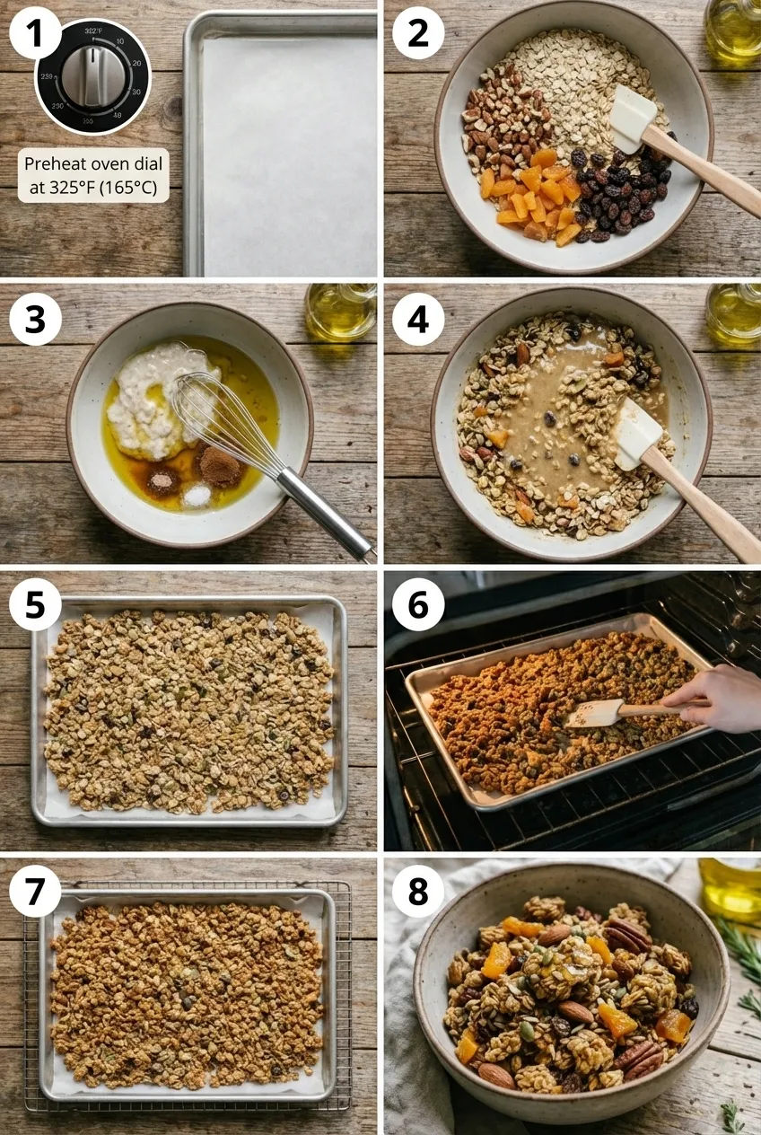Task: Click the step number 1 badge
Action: pos(35,36)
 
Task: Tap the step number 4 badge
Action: pos(418,321)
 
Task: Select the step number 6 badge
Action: pos(418,603)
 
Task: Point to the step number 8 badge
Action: pos(418,891)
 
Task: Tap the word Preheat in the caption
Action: pos(51,164)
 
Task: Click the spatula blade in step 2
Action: pos(633,117)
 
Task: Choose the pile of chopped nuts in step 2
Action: pos(503,121)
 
